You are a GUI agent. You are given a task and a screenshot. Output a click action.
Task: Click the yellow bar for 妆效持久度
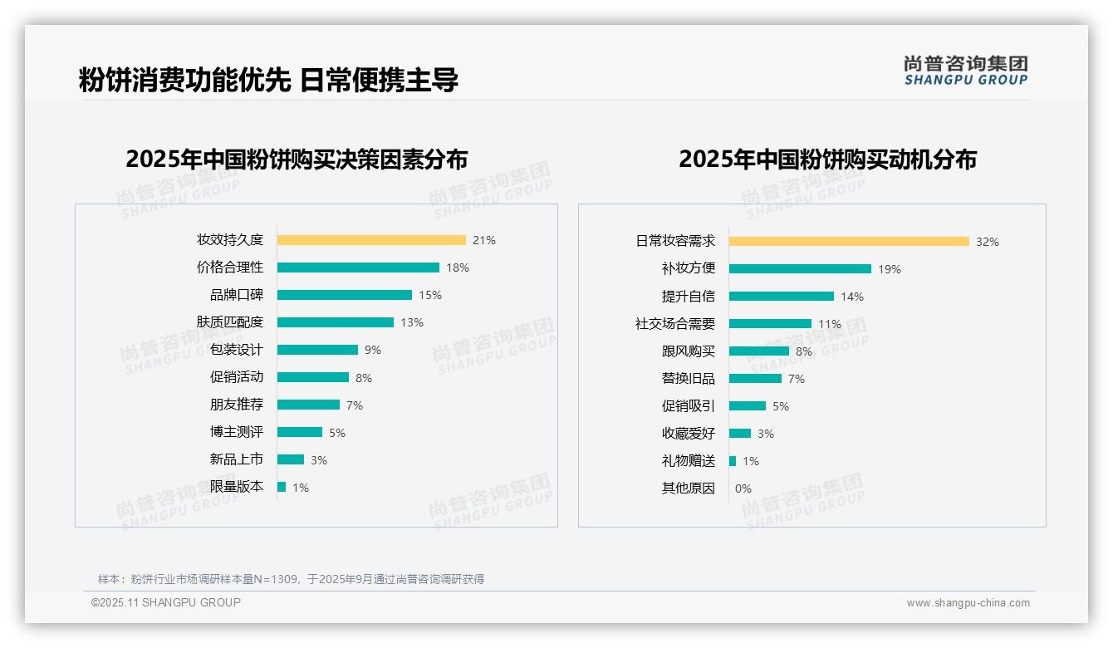coord(371,240)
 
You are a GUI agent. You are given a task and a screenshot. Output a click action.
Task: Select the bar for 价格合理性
coord(358,268)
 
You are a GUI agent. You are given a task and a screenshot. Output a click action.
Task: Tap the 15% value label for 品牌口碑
coord(430,295)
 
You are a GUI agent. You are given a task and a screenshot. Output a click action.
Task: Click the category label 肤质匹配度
coord(230,322)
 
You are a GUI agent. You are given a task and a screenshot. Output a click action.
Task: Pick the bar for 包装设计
coord(317,350)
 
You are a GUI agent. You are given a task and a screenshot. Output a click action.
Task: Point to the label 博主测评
coord(237,432)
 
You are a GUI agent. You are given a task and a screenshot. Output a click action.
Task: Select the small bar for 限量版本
coord(282,487)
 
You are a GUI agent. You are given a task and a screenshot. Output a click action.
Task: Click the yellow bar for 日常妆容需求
coord(849,242)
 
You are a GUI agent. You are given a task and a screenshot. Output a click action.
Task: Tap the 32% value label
coord(988,242)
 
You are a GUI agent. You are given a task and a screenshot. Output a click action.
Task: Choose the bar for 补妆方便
coord(800,269)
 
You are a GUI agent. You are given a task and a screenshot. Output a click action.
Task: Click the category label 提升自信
coord(689,297)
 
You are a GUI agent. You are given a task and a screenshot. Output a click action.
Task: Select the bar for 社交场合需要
coord(770,324)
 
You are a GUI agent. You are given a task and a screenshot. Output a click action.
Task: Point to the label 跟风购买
coord(689,351)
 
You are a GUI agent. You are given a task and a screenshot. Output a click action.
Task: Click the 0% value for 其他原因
coord(743,488)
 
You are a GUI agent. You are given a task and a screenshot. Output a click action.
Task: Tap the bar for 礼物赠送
coord(733,461)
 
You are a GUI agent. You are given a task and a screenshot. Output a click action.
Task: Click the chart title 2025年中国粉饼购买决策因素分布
coord(297,159)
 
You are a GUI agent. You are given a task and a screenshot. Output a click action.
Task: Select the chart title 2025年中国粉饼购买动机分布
coord(827,159)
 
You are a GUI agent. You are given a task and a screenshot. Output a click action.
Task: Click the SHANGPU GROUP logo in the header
coord(966,71)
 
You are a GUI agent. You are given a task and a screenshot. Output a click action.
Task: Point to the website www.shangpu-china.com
coord(968,603)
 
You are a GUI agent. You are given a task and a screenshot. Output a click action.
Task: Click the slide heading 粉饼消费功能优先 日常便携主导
coord(268,81)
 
